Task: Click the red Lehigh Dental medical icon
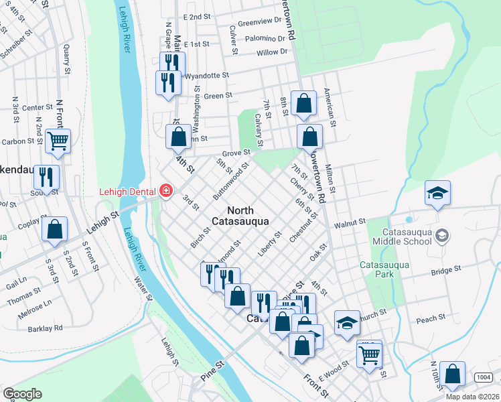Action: coord(165,192)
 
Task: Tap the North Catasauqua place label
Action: coord(241,215)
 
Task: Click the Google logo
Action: coord(22,393)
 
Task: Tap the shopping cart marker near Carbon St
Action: coord(58,141)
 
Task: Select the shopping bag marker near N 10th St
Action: coord(453,375)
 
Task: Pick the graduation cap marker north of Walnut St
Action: coord(437,193)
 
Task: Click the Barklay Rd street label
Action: coord(45,328)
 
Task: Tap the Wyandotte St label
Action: coord(206,76)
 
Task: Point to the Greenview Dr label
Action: coord(261,21)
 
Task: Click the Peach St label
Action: coord(430,318)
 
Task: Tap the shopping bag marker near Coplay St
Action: coord(54,229)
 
